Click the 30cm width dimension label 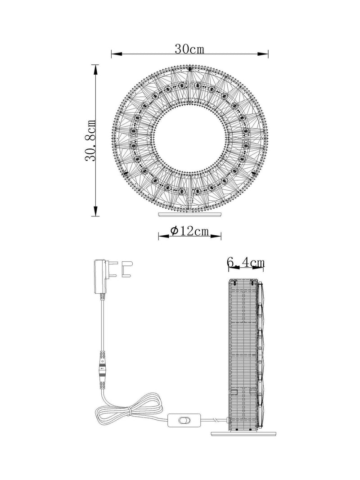coord(189,49)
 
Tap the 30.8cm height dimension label coord(91,140)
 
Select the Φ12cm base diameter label coord(189,231)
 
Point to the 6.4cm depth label coord(246,262)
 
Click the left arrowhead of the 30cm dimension coord(117,54)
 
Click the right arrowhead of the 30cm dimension coord(263,54)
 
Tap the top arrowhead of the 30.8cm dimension coord(96,70)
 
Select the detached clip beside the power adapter coord(127,269)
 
